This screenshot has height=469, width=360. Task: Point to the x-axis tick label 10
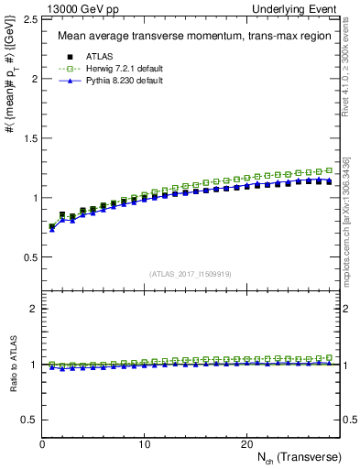(145, 444)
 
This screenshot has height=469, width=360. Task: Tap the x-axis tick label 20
(246, 444)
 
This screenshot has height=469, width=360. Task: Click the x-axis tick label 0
(43, 444)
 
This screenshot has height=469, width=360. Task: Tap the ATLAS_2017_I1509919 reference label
(189, 273)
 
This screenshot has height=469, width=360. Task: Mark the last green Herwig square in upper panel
(330, 170)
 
